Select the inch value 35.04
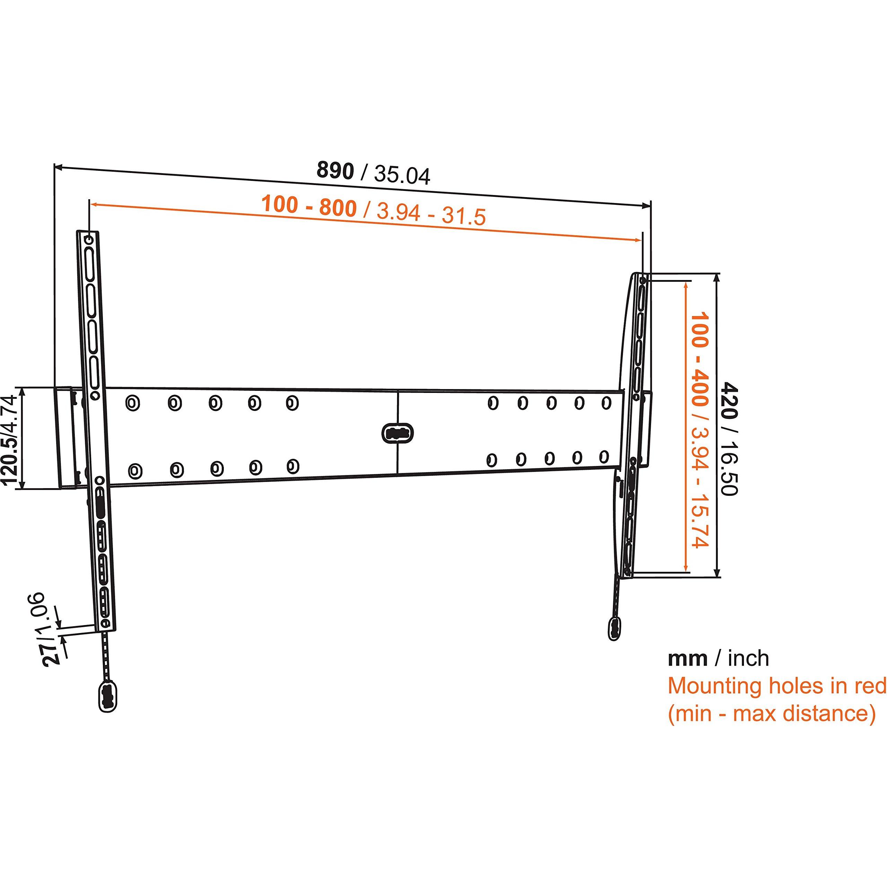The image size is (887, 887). coord(402,175)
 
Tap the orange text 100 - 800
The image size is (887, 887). coord(309,206)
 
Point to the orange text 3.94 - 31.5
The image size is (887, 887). coord(431,213)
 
